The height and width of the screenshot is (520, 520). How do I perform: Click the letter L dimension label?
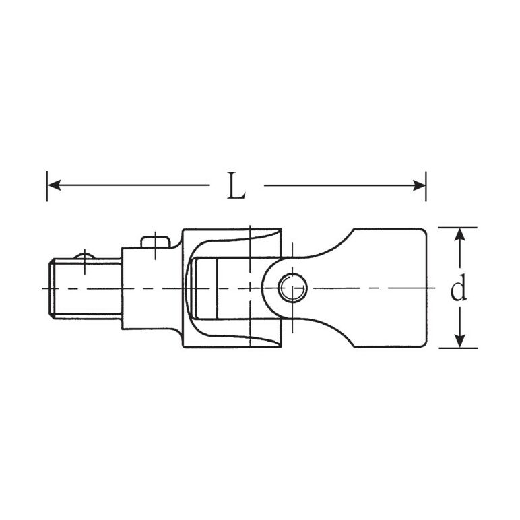[236, 186]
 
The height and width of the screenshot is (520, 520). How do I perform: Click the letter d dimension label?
[459, 288]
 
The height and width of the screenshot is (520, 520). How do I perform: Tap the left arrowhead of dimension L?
[55, 185]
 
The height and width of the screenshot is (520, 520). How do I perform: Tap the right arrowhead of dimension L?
[419, 185]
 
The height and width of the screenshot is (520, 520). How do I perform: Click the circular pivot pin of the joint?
[292, 288]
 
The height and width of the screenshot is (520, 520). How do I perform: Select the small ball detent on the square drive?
[85, 256]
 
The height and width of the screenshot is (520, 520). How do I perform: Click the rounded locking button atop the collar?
[156, 241]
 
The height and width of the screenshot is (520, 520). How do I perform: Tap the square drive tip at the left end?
[86, 288]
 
